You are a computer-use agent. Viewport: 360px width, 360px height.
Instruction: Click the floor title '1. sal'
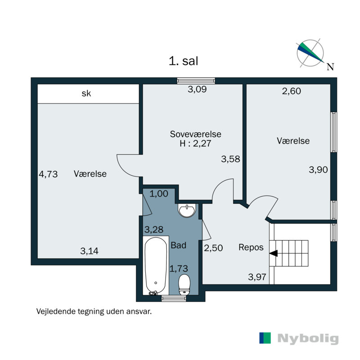pos(184,61)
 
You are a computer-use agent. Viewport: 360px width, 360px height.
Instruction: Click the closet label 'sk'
pos(86,94)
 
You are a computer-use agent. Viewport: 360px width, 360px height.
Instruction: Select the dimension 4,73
pos(49,174)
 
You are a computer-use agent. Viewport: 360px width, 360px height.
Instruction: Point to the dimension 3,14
pos(89,251)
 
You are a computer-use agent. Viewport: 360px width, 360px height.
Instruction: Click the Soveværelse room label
pos(195,134)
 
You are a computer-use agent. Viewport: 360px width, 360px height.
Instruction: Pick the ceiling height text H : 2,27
pos(195,144)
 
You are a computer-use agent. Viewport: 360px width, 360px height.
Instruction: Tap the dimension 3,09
pos(197,90)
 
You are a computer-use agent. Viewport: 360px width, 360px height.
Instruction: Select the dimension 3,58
pos(230,159)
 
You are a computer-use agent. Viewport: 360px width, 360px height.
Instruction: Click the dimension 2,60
pos(291,91)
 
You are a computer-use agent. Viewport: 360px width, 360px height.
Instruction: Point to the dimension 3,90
pos(318,170)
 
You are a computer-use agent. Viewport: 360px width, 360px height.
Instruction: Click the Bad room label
pos(178,245)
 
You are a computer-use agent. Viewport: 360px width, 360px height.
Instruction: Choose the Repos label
pos(251,247)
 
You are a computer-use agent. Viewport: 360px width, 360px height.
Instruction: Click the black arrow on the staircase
pos(273,253)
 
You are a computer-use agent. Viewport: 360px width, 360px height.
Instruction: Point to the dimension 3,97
pos(257,277)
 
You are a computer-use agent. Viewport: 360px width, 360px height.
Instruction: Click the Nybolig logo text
pos(308,338)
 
